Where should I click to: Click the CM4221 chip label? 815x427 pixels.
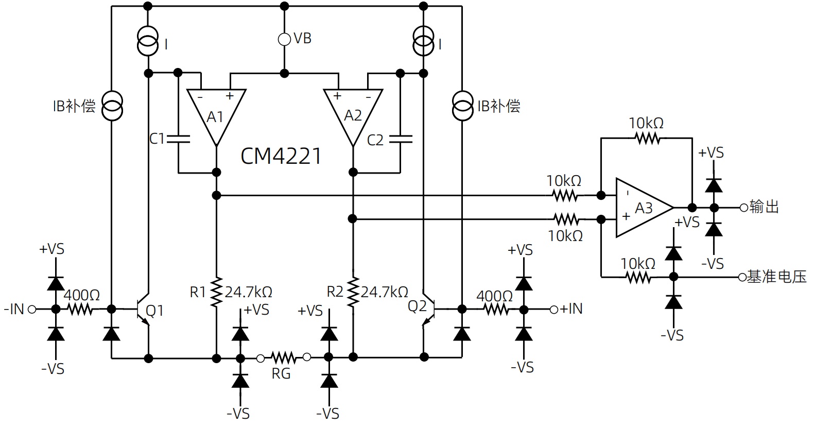click(281, 156)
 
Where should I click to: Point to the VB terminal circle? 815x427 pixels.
click(284, 39)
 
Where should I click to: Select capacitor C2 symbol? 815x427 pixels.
click(401, 139)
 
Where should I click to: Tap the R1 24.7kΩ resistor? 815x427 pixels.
click(216, 292)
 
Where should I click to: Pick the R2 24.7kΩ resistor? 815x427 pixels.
click(353, 292)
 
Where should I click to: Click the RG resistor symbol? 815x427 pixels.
click(284, 357)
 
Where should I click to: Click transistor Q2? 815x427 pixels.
click(429, 310)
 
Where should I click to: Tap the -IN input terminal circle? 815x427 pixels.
click(32, 310)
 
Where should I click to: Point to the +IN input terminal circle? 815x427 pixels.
click(554, 310)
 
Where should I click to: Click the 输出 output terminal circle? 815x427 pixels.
click(744, 208)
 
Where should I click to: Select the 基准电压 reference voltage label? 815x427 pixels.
click(776, 277)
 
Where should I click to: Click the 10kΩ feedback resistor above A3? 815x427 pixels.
click(647, 138)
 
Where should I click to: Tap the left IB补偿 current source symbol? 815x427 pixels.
click(112, 106)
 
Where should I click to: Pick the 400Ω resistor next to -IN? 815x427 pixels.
click(81, 310)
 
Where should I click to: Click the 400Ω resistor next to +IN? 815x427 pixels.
click(496, 310)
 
